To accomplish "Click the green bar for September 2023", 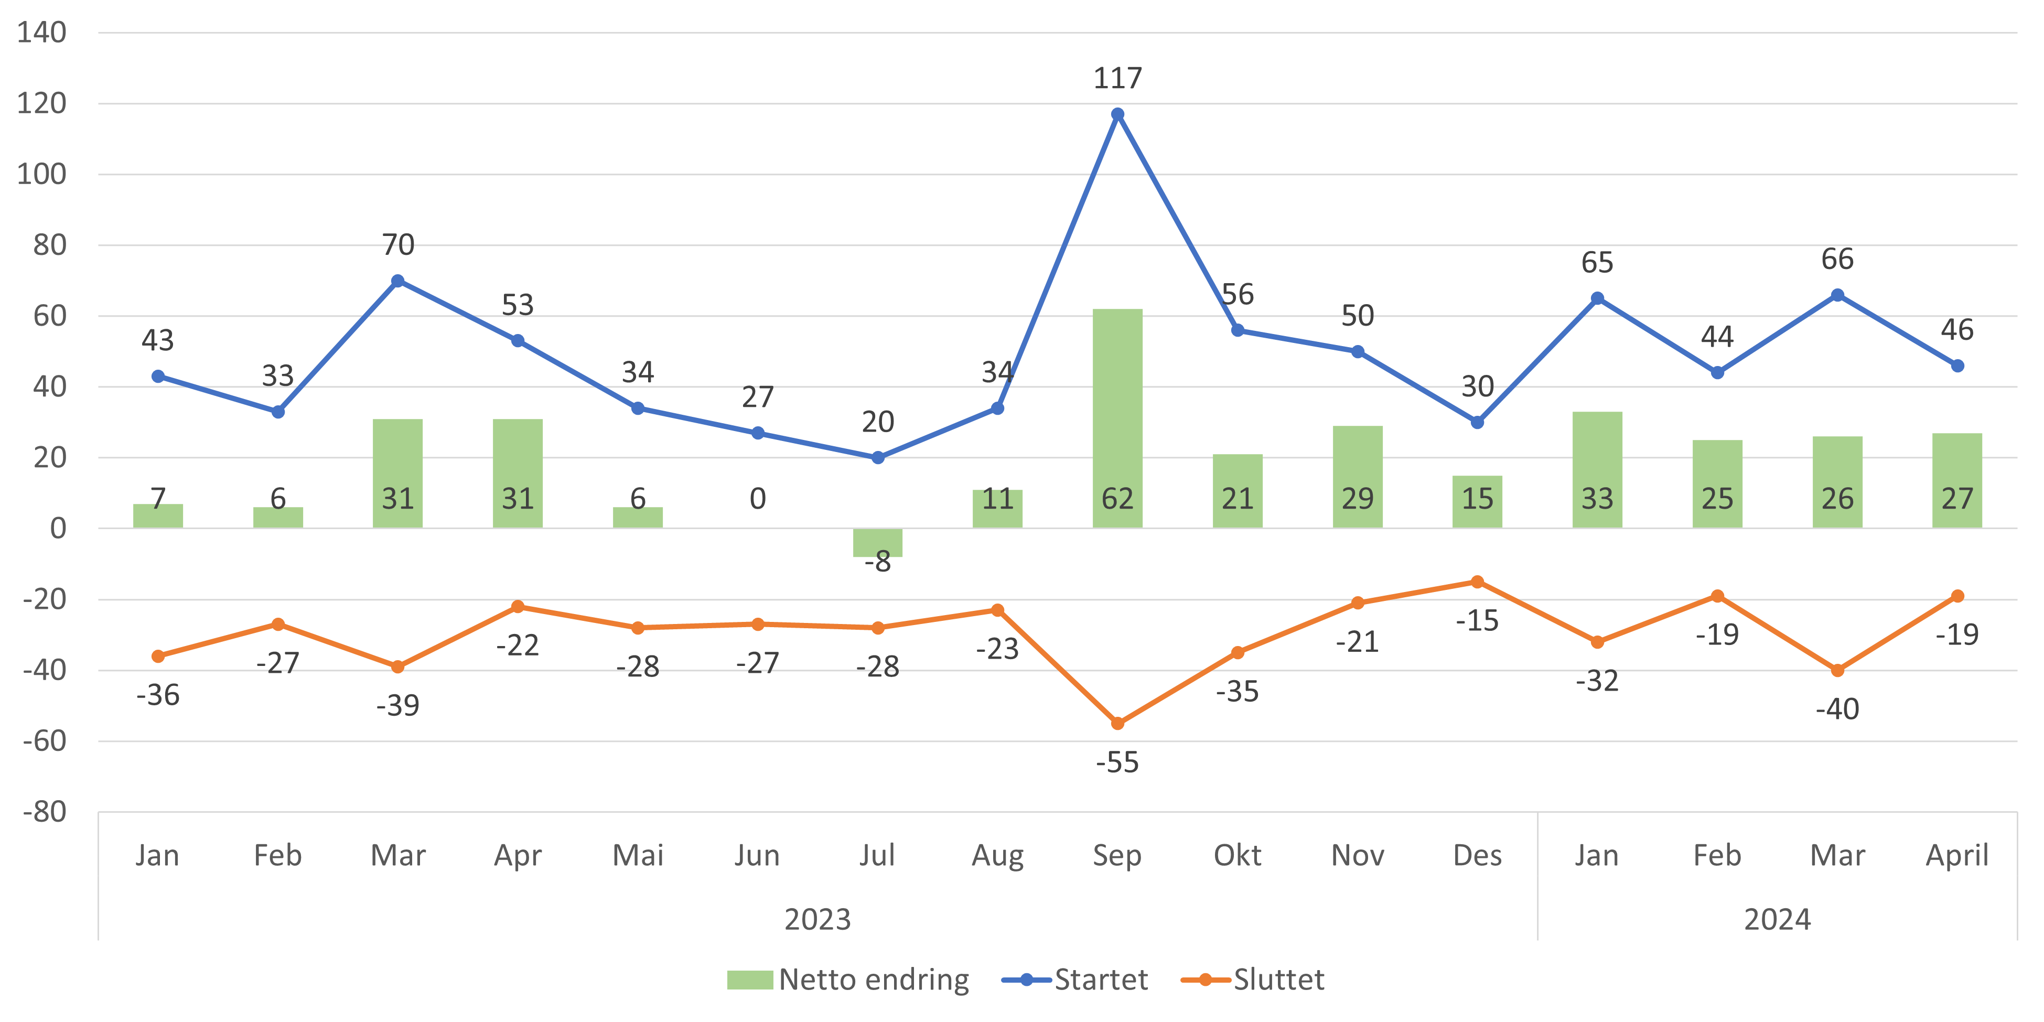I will (x=1117, y=418).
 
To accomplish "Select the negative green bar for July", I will (x=878, y=543).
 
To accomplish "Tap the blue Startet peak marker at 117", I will (x=1117, y=114).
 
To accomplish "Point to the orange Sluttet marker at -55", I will (x=1117, y=724).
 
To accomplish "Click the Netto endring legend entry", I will (x=847, y=980).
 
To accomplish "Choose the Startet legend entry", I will (x=1075, y=980).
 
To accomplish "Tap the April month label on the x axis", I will (x=1957, y=855).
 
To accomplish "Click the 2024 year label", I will (x=1778, y=920).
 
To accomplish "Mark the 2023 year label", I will (x=817, y=920).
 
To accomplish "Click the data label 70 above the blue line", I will (x=399, y=244).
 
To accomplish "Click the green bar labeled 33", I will (x=1597, y=470).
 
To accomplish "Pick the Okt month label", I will (x=1237, y=855).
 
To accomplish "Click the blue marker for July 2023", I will (x=878, y=458).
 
